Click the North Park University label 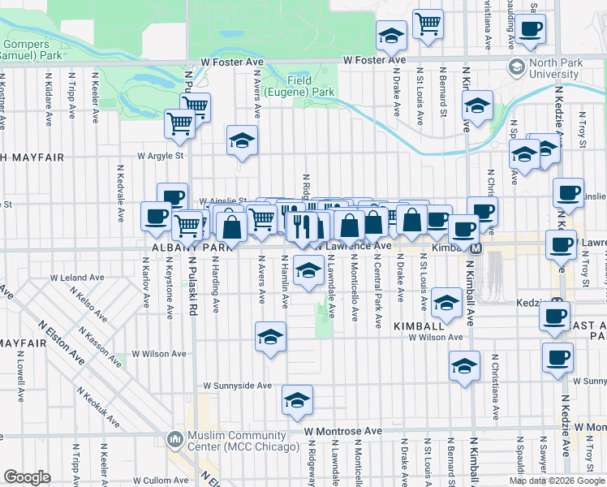pyautogui.click(x=554, y=68)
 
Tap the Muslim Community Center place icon pyautogui.click(x=174, y=441)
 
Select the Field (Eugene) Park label pyautogui.click(x=311, y=87)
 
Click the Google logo pyautogui.click(x=27, y=476)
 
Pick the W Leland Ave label pyautogui.click(x=77, y=278)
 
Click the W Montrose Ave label pyautogui.click(x=343, y=431)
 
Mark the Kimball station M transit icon pyautogui.click(x=476, y=248)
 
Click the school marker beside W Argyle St pyautogui.click(x=242, y=141)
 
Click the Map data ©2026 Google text pyautogui.click(x=557, y=481)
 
